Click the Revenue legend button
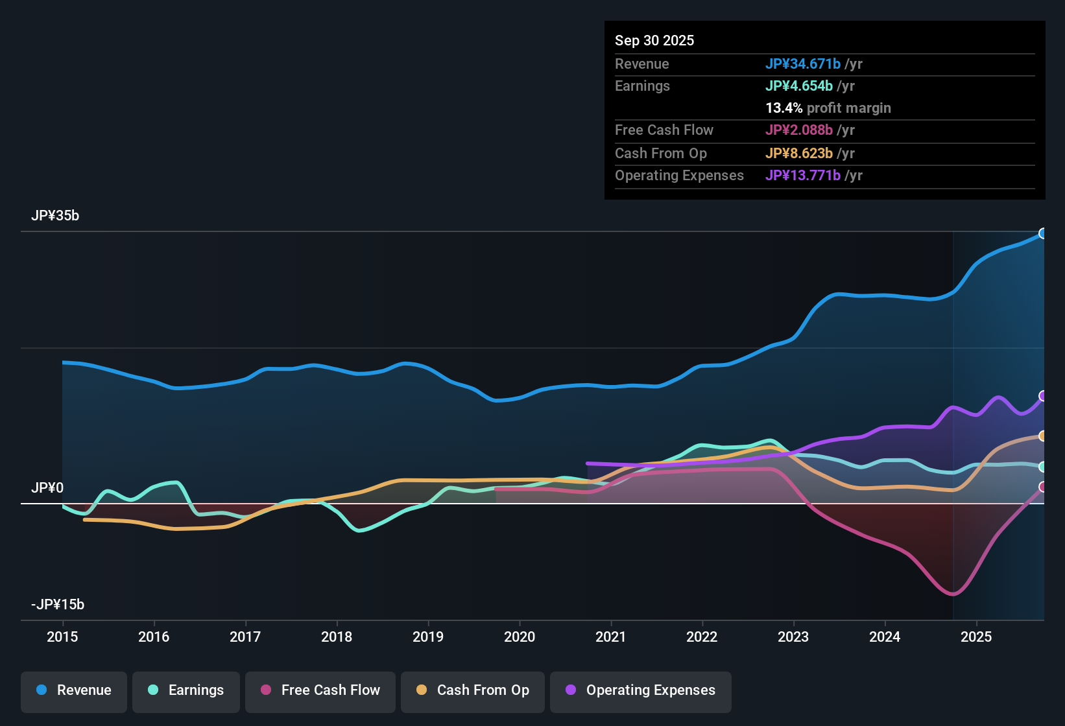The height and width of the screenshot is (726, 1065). tap(74, 690)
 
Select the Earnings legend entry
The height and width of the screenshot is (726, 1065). tap(186, 690)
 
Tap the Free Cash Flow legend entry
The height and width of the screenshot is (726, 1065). tap(320, 690)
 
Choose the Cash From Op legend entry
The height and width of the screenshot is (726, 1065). tap(473, 690)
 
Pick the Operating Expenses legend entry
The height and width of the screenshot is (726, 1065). tap(641, 690)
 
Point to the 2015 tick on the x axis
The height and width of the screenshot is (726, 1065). tap(62, 637)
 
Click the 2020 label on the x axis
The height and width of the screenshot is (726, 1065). tap(520, 637)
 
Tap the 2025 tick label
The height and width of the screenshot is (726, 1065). tap(976, 637)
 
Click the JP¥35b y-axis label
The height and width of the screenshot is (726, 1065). tap(55, 216)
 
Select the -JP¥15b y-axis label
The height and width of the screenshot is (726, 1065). tap(58, 605)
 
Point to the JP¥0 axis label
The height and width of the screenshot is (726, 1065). tap(47, 487)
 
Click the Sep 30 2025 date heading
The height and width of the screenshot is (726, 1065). tap(654, 40)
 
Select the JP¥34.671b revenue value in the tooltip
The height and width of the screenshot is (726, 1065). tap(803, 64)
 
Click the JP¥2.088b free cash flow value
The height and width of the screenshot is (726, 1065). tap(799, 130)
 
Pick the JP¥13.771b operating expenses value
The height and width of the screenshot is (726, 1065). tap(803, 175)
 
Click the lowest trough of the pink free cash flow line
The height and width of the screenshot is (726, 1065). tap(952, 594)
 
